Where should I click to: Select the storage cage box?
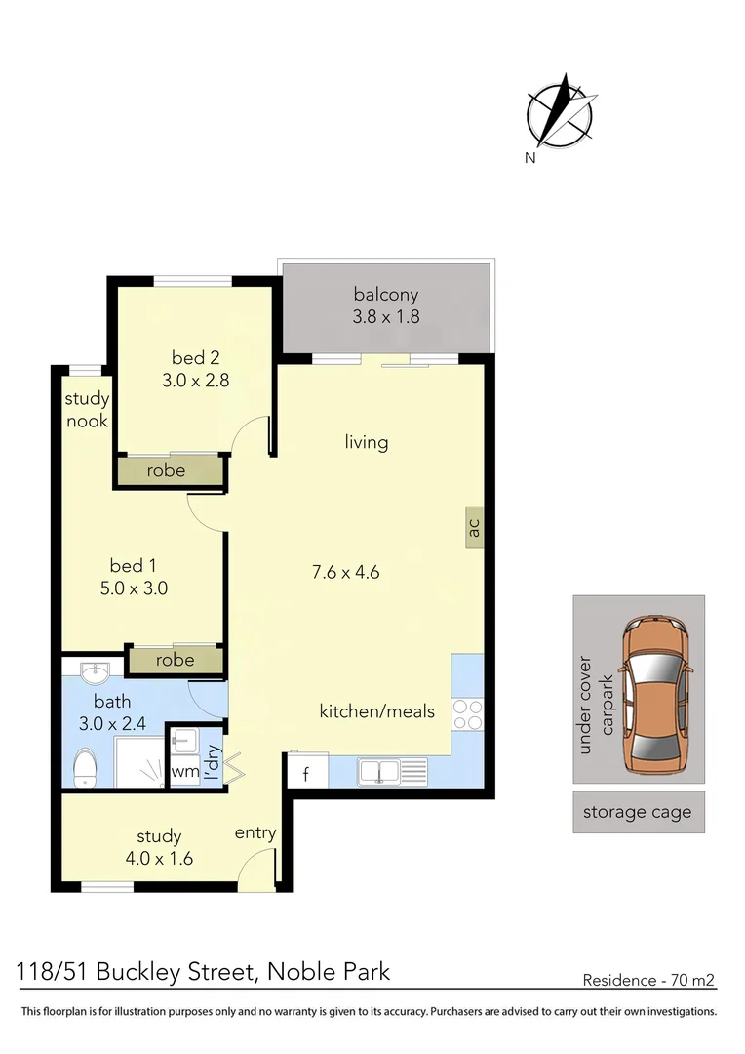(638, 812)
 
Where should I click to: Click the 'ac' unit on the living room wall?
(474, 527)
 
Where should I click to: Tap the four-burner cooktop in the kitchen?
(467, 714)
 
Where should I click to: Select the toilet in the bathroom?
(85, 768)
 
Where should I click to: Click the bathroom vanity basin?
(96, 670)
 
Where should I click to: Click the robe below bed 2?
(168, 470)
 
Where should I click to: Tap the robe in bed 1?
(176, 660)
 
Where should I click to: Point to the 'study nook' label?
(87, 409)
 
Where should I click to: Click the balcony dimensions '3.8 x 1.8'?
(386, 316)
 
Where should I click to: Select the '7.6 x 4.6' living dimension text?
(346, 572)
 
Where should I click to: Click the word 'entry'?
(255, 832)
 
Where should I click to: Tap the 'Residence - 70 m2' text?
(648, 980)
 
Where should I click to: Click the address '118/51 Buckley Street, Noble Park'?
(203, 972)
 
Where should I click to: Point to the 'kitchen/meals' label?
(376, 711)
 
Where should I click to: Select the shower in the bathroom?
(139, 761)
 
